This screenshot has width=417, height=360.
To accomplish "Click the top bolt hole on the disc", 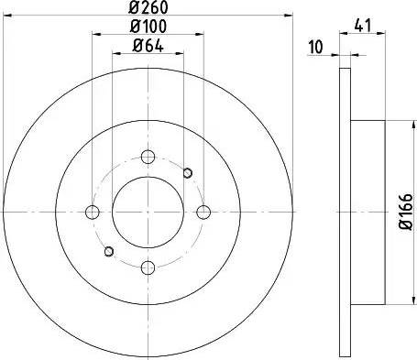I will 148,157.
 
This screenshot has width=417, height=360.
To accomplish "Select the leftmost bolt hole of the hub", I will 92,213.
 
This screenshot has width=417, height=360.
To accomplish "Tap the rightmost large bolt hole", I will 203,213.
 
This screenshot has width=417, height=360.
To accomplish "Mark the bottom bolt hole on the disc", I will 148,267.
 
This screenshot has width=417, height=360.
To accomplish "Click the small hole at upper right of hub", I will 188,172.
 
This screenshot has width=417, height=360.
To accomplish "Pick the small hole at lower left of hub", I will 108,252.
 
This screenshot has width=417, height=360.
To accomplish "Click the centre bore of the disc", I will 148,213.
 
